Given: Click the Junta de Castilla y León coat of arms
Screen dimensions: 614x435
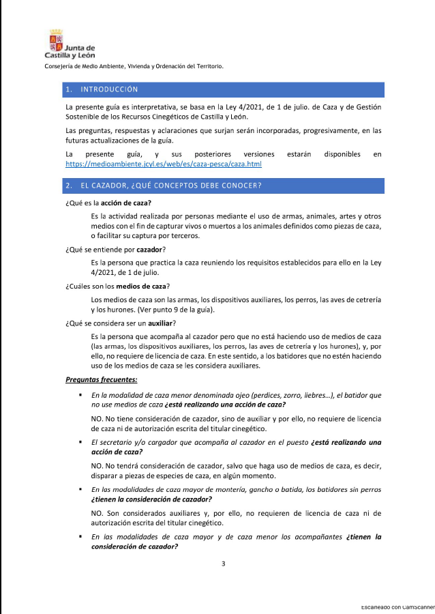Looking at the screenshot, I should point(56,38).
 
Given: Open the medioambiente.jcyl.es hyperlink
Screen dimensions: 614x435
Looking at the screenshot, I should point(163,164).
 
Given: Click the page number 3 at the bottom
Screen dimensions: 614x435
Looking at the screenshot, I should point(223,564).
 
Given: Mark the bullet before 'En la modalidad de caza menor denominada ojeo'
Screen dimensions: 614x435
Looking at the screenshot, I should point(80,396).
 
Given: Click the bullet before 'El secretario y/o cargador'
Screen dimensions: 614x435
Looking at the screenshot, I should point(80,443).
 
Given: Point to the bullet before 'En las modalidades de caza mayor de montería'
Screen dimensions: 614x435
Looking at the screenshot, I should point(80,490).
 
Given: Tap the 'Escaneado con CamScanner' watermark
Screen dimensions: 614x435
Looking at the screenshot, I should point(397,606).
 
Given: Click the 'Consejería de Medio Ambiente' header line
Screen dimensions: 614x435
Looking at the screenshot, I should point(134,67).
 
